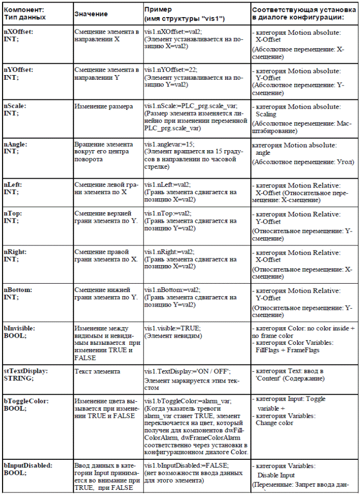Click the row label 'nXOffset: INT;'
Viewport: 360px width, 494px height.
18,35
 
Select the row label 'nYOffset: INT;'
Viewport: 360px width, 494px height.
18,72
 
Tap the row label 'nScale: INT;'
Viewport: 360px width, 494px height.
15,109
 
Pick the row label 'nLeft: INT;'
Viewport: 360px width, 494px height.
13,188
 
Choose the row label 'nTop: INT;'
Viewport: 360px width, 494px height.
13,217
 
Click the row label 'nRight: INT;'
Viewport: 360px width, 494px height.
15,255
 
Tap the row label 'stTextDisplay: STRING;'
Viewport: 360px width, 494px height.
25,374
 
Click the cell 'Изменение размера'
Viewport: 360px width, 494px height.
99,106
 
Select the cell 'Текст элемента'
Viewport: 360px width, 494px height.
96,371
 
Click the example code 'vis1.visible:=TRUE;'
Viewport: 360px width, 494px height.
172,328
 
